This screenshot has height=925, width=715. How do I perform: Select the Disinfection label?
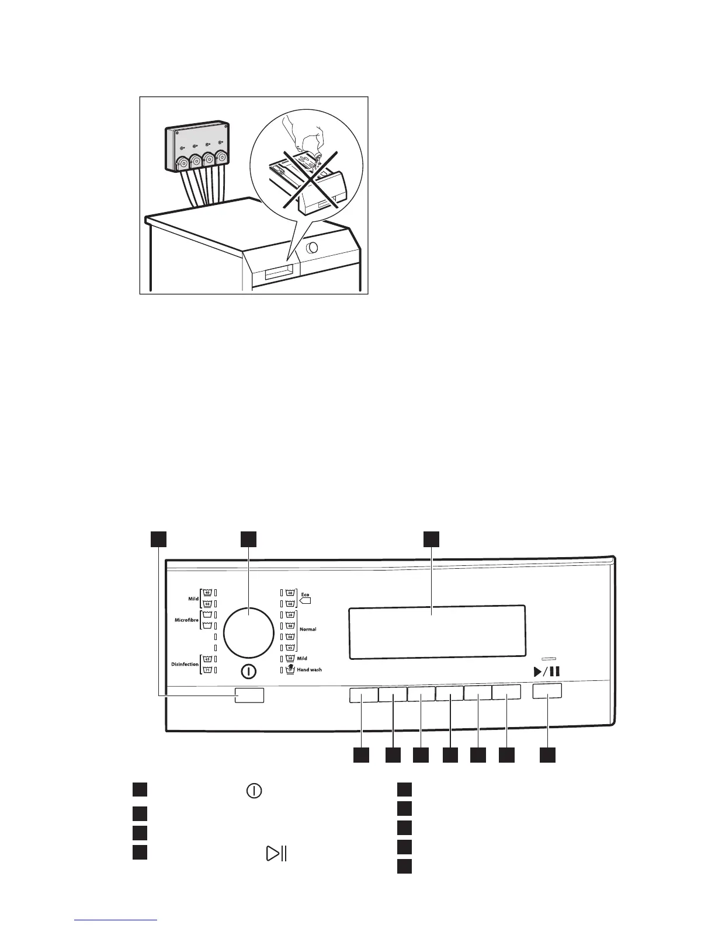pyautogui.click(x=185, y=665)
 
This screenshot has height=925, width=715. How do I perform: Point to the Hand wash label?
pyautogui.click(x=309, y=670)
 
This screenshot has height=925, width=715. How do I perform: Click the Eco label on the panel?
pyautogui.click(x=305, y=594)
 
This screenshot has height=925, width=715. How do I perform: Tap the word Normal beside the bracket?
pyautogui.click(x=308, y=630)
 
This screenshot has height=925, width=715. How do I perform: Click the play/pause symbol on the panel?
pyautogui.click(x=547, y=672)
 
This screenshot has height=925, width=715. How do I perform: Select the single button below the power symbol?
pyautogui.click(x=249, y=695)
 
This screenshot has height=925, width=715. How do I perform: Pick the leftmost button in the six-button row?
pyautogui.click(x=363, y=694)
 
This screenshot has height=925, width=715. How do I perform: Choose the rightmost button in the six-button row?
pyautogui.click(x=506, y=693)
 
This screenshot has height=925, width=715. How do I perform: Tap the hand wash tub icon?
pyautogui.click(x=290, y=670)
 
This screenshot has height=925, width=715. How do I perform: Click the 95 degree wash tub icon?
pyautogui.click(x=290, y=648)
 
